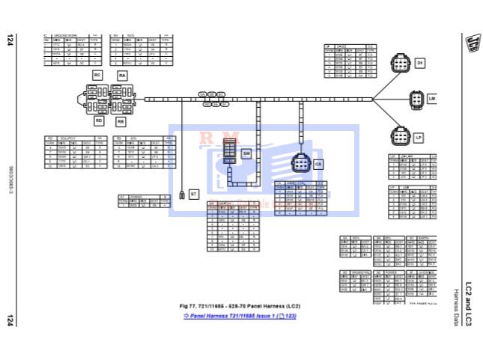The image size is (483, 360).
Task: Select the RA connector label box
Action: pos(121,75)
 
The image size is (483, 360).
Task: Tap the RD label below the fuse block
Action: pos(98,120)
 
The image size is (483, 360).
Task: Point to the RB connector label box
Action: pos(121,120)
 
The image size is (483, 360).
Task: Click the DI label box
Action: pos(419,62)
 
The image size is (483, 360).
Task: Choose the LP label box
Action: pos(419,138)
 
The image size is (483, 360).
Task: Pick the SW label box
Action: pos(246,153)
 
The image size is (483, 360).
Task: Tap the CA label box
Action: pos(318,163)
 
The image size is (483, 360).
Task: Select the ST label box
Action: pos(193,194)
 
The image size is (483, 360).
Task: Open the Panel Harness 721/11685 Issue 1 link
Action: pos(240,317)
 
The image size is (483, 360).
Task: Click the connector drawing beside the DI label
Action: pos(400,64)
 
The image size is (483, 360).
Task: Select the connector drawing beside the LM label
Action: pos(417,99)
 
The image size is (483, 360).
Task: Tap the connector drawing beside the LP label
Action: pos(399,136)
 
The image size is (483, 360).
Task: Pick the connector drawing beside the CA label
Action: pos(300,162)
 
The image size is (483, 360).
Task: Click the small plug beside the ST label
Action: pos(182,195)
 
